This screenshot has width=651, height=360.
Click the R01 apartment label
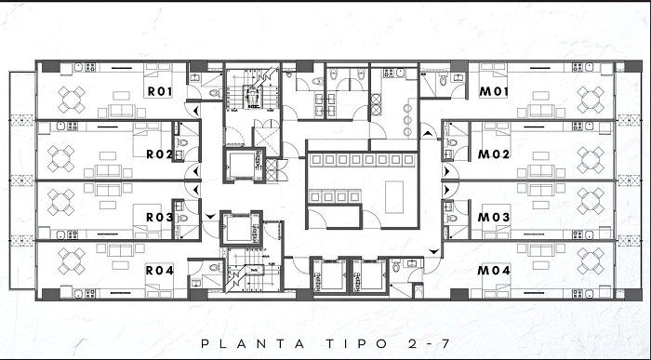(160, 91)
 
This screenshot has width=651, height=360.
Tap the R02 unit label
(160, 154)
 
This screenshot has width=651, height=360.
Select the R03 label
(160, 217)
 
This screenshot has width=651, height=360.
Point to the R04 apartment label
(160, 271)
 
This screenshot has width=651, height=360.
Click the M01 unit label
(494, 91)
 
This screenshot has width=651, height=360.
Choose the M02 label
(494, 154)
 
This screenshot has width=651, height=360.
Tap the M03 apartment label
(494, 217)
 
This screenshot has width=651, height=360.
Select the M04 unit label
(494, 271)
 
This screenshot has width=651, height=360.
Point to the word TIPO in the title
(356, 344)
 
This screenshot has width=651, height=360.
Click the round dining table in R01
(72, 100)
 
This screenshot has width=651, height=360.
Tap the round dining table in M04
(590, 261)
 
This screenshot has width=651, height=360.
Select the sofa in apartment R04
(120, 250)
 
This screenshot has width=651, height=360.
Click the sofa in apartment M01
(541, 111)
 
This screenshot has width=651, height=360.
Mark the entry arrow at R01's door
(196, 111)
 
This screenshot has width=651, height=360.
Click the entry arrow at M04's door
(434, 251)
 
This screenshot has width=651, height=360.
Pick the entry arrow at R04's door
(210, 217)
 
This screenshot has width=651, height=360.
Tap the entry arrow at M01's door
(427, 134)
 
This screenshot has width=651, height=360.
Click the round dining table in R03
(60, 202)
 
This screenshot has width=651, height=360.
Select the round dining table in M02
(590, 159)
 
